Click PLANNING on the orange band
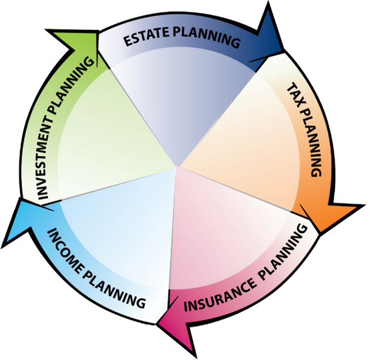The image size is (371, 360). coord(312,143)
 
